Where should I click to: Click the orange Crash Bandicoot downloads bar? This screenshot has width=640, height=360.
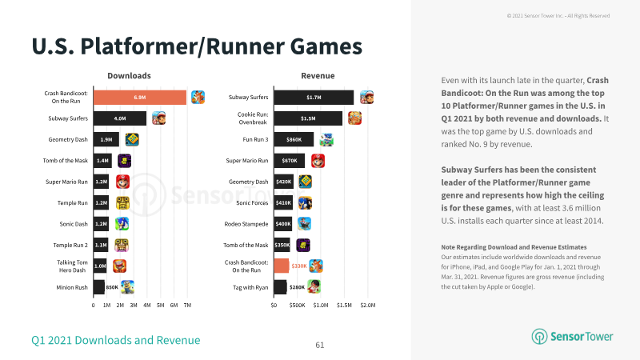[140, 98]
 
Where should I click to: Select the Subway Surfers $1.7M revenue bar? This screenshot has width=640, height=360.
[314, 98]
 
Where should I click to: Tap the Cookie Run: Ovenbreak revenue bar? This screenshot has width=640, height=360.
[308, 118]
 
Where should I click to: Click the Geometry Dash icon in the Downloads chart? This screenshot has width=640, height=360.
[132, 139]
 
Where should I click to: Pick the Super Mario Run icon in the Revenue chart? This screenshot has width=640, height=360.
[318, 161]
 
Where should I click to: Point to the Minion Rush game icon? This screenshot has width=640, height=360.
[127, 287]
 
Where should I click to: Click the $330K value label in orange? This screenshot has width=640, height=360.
[299, 266]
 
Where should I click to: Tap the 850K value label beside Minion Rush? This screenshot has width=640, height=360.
[112, 287]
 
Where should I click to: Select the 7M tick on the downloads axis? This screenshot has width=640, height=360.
[187, 306]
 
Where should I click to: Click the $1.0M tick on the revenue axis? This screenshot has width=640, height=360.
[321, 306]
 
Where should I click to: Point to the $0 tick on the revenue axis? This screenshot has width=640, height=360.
[274, 306]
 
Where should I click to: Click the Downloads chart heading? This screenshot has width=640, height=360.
[129, 75]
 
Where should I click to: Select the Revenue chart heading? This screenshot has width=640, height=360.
[318, 75]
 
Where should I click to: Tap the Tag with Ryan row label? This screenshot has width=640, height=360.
[250, 287]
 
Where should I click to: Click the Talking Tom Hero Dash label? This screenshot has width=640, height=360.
[72, 266]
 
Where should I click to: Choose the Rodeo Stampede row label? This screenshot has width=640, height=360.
[246, 224]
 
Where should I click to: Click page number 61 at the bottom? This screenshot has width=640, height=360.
[320, 346]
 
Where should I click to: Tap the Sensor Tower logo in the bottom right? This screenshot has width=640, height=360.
[572, 336]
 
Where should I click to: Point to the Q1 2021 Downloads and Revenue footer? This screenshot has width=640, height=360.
[116, 341]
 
